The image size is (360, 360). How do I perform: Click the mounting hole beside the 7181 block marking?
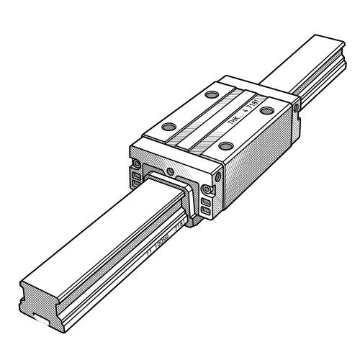coord(266,110)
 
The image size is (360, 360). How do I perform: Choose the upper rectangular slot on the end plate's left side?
coord(135,176)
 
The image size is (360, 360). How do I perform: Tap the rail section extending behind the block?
coord(310,65)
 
